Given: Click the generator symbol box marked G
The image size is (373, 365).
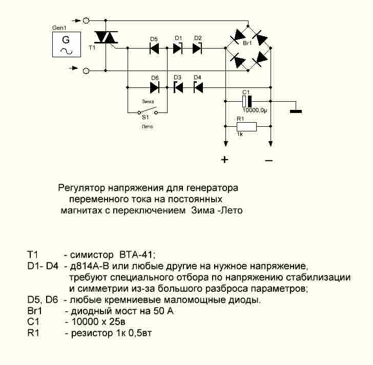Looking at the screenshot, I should pyautogui.click(x=66, y=43).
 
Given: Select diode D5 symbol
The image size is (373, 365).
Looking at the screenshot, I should pyautogui.click(x=154, y=49).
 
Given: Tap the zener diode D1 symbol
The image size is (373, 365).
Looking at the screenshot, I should pyautogui.click(x=178, y=49).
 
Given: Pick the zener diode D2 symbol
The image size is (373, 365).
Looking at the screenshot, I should pyautogui.click(x=198, y=49).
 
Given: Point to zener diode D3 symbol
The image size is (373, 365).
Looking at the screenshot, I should pyautogui.click(x=178, y=87).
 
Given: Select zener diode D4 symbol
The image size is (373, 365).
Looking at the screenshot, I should pyautogui.click(x=198, y=87).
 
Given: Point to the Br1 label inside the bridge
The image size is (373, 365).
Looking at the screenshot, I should pyautogui.click(x=247, y=44).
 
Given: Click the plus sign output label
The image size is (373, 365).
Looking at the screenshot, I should pyautogui.click(x=224, y=159).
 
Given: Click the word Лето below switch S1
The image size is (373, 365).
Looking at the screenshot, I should pyautogui.click(x=147, y=126).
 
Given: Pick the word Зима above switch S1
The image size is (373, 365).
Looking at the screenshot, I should pyautogui.click(x=148, y=102).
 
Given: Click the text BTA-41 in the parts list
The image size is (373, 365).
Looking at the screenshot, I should pyautogui.click(x=136, y=254).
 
